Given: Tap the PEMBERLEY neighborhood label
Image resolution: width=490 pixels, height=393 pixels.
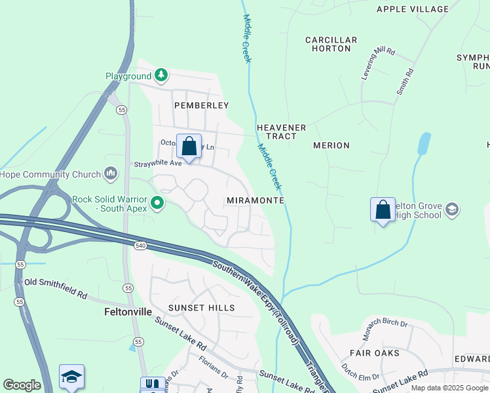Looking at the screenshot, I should point(201,105).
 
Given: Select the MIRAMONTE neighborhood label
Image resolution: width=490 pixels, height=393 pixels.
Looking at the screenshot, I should point(255,200).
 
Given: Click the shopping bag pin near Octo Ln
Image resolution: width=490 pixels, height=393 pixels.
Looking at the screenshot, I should point(189,147).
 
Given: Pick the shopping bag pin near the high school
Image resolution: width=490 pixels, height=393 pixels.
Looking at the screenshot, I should point(383,210).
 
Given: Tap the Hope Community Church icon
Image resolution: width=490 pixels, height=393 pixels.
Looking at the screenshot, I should point(111,174).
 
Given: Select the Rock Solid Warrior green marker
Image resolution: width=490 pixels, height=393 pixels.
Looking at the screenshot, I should point(157,203).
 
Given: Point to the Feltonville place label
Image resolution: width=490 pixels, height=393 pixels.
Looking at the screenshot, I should point(128,312).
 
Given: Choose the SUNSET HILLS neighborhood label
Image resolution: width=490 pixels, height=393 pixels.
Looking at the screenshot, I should point(201,307).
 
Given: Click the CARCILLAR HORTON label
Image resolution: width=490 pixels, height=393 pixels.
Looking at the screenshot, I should point(331,44).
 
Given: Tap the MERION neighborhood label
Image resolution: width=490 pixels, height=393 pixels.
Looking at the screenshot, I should point(331,145).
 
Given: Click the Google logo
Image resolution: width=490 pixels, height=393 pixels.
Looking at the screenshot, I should point(22,385).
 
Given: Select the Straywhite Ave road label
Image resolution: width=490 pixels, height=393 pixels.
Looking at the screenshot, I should point(158,163).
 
